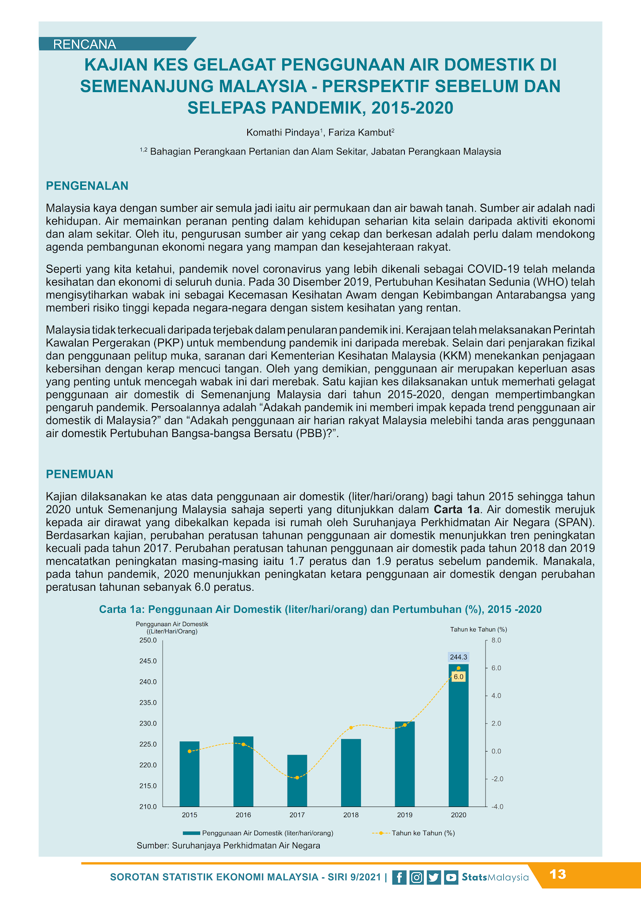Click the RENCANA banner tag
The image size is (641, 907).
pyautogui.click(x=85, y=44)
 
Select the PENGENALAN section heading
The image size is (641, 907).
pyautogui.click(x=87, y=186)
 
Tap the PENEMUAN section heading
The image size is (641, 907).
pyautogui.click(x=80, y=474)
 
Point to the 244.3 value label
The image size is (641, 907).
pyautogui.click(x=458, y=657)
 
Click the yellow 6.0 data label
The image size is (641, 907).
pyautogui.click(x=458, y=677)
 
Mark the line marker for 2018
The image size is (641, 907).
pyautogui.click(x=351, y=728)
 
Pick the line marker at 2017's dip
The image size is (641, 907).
pyautogui.click(x=297, y=778)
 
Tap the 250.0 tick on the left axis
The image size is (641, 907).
pyautogui.click(x=148, y=640)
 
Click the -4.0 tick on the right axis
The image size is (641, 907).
pyautogui.click(x=497, y=806)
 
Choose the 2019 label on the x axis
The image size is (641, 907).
pyautogui.click(x=404, y=815)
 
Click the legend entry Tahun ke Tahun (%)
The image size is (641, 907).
pyautogui.click(x=423, y=833)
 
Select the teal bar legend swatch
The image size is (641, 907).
pyautogui.click(x=191, y=833)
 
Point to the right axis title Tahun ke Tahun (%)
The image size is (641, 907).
pyautogui.click(x=478, y=629)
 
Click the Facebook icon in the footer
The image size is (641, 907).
pyautogui.click(x=399, y=877)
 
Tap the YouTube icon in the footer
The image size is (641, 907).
pyautogui.click(x=451, y=877)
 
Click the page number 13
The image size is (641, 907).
pyautogui.click(x=558, y=875)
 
